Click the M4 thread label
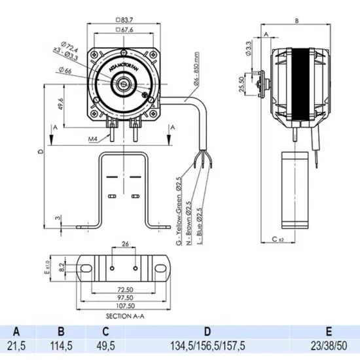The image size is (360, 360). coord(92,139)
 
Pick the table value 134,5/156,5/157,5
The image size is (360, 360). coord(207,345)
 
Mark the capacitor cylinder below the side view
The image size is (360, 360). coord(293,189)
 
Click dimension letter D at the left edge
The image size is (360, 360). coord(41,153)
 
